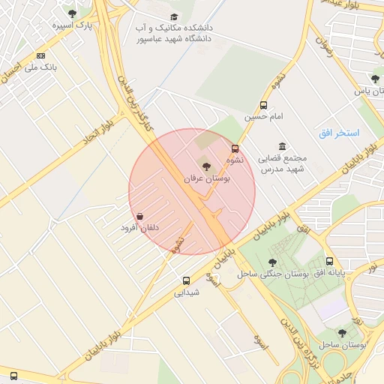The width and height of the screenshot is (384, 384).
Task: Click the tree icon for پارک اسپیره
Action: (72, 13)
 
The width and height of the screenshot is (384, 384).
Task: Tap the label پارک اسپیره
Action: (72, 25)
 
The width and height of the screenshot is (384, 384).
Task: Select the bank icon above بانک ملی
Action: (40, 55)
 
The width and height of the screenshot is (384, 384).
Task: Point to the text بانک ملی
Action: (42, 67)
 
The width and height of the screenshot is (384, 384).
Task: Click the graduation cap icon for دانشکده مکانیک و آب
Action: (174, 16)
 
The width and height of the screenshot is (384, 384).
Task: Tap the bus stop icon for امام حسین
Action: (263, 105)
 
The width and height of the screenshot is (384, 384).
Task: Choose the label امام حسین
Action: (262, 117)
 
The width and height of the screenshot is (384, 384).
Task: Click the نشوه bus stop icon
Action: (235, 148)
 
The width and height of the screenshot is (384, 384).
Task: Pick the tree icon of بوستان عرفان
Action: (207, 166)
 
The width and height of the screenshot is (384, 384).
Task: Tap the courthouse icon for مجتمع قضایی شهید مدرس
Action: (282, 146)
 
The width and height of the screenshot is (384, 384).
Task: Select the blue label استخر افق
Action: (338, 133)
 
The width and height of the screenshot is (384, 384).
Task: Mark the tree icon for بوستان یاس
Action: (375, 79)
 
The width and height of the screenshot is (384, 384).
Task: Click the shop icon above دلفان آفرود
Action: (140, 215)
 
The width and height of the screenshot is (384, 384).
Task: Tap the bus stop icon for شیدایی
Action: (186, 281)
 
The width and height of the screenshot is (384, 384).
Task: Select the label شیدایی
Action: (187, 293)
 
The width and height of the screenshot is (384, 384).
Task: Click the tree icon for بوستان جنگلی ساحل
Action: (271, 262)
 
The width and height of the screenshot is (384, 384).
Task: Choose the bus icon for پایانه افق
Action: (330, 261)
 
